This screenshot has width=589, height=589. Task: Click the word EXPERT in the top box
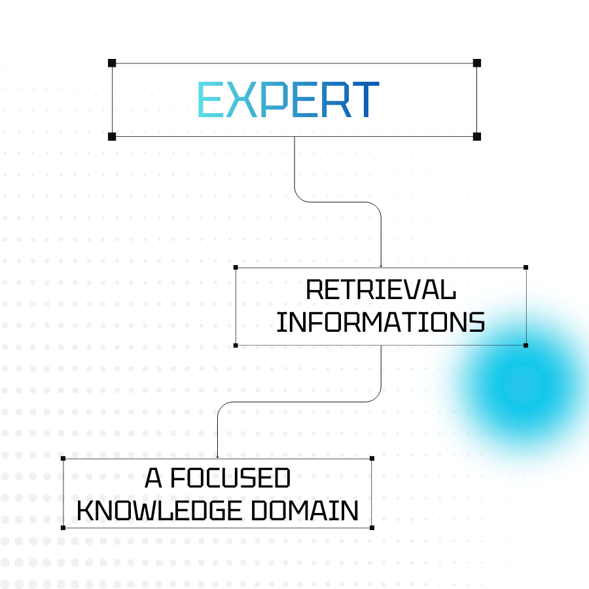pyautogui.click(x=288, y=100)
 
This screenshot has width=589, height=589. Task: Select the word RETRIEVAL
pyautogui.click(x=381, y=289)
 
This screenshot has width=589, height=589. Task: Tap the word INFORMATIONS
pyautogui.click(x=381, y=322)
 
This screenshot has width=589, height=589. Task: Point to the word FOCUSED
pyautogui.click(x=230, y=479)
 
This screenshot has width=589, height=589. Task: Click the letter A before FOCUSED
pyautogui.click(x=153, y=479)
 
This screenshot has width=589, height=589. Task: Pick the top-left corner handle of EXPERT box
pyautogui.click(x=112, y=63)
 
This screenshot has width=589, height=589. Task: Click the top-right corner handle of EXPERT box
pyautogui.click(x=477, y=63)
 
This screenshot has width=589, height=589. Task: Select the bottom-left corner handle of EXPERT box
pyautogui.click(x=112, y=136)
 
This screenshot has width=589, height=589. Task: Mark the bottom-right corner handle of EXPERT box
pyautogui.click(x=477, y=136)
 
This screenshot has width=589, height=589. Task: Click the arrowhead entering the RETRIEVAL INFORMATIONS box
pyautogui.click(x=381, y=264)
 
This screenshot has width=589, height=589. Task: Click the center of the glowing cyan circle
pyautogui.click(x=524, y=385)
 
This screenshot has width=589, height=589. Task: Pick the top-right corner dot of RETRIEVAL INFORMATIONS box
pyautogui.click(x=526, y=267)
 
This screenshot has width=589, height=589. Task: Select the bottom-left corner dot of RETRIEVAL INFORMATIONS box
pyautogui.click(x=236, y=345)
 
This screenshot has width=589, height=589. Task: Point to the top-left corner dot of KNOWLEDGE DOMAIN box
pyautogui.click(x=63, y=458)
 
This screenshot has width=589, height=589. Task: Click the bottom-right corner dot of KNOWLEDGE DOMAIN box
pyautogui.click(x=372, y=527)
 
